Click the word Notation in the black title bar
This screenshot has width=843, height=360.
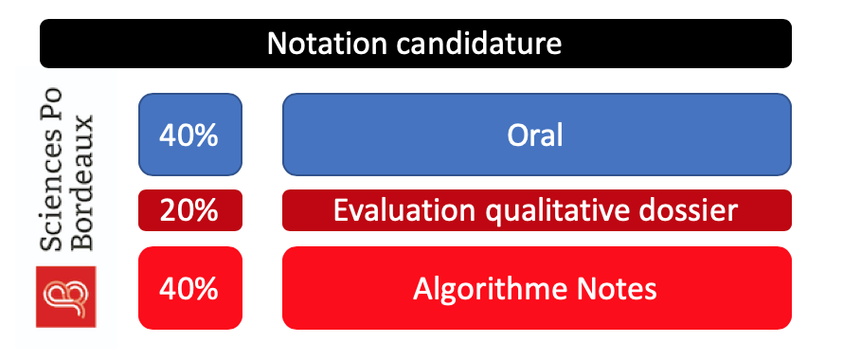pos(327,44)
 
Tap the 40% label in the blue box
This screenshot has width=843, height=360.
pos(188,136)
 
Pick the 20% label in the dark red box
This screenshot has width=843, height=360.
pos(188,211)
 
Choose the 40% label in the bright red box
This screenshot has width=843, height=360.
pos(188,289)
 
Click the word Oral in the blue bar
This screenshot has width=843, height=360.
pos(535,135)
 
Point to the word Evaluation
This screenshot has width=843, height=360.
pos(404,210)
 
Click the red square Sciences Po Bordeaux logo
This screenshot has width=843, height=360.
pos(65,297)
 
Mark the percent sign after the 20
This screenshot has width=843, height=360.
pos(205,211)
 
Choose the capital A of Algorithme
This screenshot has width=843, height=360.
pos(422,289)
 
